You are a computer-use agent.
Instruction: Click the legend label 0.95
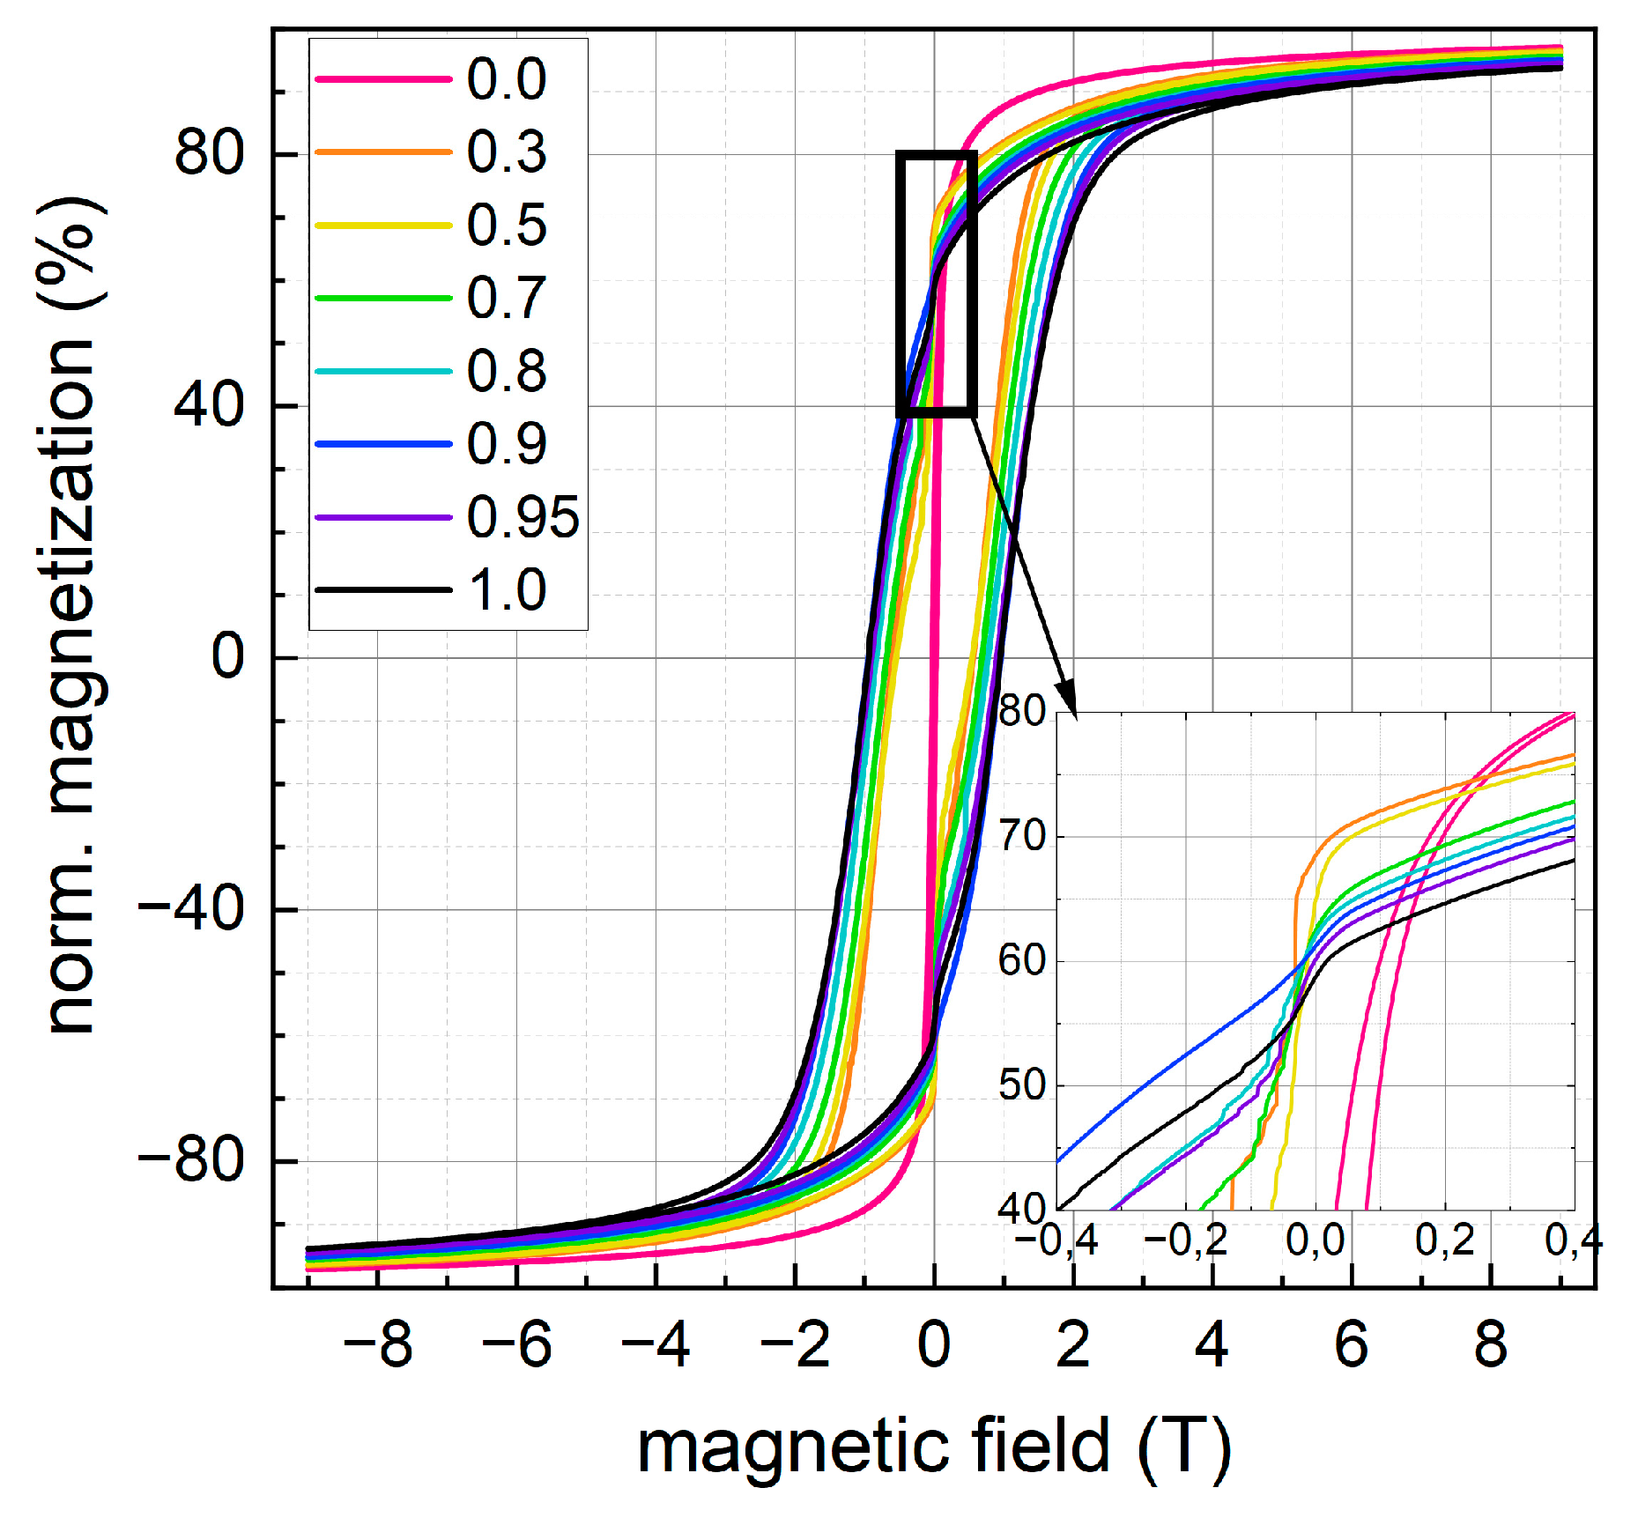[523, 517]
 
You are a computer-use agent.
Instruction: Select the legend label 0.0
[507, 79]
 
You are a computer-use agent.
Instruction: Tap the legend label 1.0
[508, 590]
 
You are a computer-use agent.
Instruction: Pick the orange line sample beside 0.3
[383, 152]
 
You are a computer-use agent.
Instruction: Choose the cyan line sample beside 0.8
[383, 371]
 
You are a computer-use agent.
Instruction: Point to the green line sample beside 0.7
[383, 298]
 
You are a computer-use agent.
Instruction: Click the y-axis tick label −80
[191, 1161]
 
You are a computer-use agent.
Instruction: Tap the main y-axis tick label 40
[209, 406]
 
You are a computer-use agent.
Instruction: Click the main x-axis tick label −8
[377, 1345]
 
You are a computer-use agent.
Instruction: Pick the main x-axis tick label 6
[1351, 1345]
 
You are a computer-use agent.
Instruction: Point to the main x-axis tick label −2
[794, 1345]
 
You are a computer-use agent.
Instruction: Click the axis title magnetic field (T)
[933, 1447]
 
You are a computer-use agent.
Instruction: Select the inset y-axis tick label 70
[1022, 836]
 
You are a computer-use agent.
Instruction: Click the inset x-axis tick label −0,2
[1185, 1240]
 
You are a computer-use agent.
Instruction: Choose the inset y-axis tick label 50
[1022, 1085]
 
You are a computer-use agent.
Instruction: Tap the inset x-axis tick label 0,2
[1445, 1240]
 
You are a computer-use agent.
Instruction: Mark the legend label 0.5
[507, 226]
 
